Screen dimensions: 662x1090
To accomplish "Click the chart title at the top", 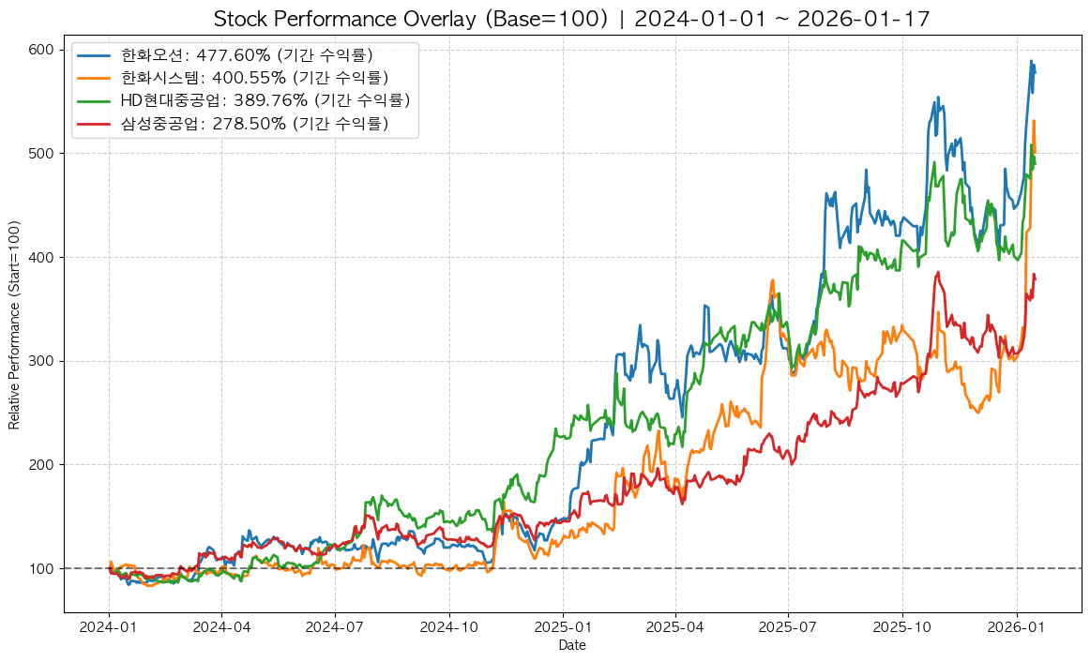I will pos(571,19).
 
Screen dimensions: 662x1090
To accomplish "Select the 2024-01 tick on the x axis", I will pos(109,627).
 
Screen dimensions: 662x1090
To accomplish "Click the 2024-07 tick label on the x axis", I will pos(335,627).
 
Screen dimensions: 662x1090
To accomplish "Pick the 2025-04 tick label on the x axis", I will pos(675,627).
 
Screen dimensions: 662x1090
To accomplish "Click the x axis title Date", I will pos(571,645).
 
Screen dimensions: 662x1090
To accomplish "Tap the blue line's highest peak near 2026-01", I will pos(1031,61).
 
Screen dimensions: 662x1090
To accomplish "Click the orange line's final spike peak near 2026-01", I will pos(1034,121).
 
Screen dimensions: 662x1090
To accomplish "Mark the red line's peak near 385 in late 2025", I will pos(938,273).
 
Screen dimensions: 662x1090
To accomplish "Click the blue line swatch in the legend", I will pos(94,55).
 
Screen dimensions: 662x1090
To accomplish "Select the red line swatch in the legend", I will pos(94,123).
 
